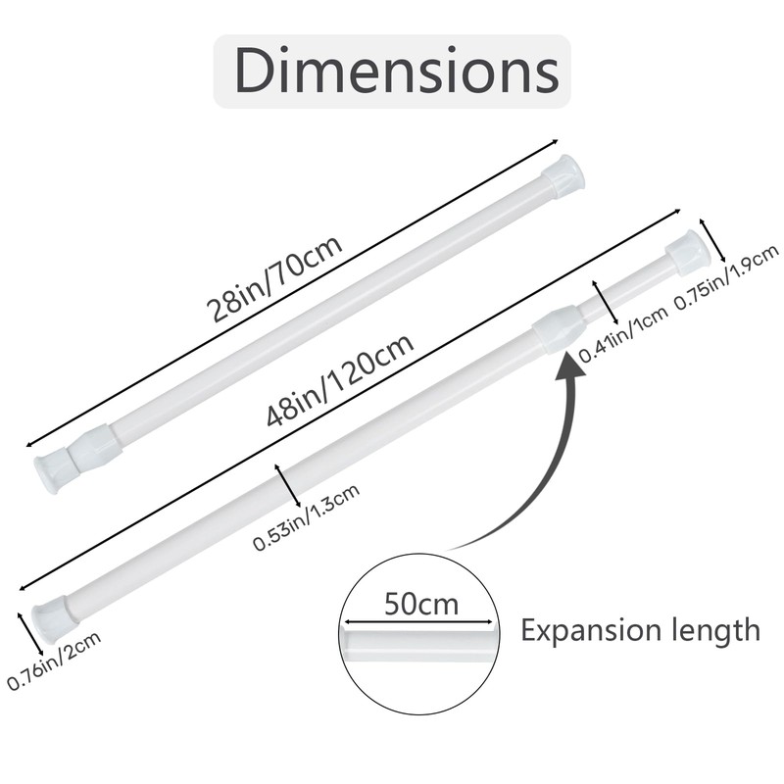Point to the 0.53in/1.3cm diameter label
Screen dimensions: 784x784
[x=307, y=517]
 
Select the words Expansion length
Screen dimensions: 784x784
[x=640, y=629]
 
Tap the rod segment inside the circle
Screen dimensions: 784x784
[x=419, y=643]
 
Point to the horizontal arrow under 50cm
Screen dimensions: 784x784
[x=416, y=620]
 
